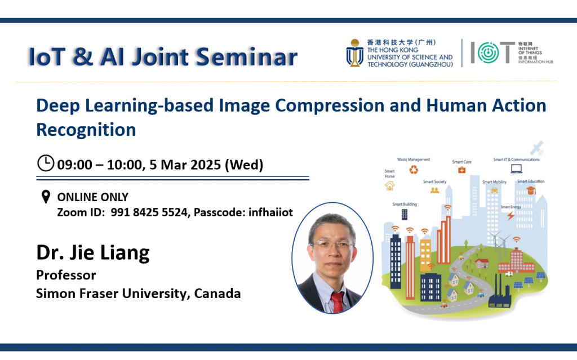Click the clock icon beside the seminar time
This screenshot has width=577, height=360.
pos(46,163)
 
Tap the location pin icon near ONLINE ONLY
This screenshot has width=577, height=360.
pos(46,197)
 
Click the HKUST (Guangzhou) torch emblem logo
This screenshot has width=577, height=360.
pos(354,54)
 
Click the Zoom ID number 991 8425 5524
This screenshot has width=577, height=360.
pos(143,212)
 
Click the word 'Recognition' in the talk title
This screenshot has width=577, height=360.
pos(86,129)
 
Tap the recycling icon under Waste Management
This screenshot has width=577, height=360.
pos(414,170)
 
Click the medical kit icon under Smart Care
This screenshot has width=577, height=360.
pos(461,170)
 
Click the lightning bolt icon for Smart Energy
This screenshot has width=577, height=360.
pos(511,215)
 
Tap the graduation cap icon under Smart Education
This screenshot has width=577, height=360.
pos(530,191)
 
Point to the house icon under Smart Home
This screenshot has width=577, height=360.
pos(390,185)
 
